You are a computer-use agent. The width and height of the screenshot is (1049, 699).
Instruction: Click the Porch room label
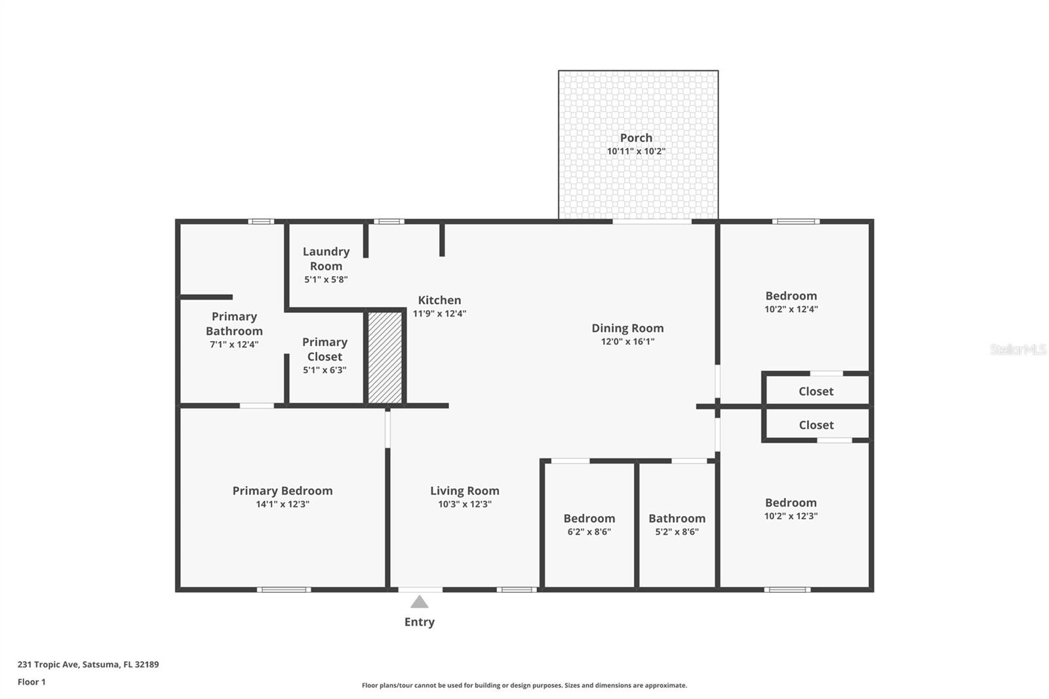click(636, 138)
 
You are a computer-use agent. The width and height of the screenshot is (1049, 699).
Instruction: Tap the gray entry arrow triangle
click(420, 602)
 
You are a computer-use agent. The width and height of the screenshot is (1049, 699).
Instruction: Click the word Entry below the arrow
click(420, 622)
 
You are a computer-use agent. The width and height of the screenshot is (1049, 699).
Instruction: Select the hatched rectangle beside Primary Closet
click(385, 357)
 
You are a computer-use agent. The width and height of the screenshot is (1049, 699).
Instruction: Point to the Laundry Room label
click(326, 258)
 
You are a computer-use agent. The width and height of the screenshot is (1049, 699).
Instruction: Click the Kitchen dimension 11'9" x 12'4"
click(439, 313)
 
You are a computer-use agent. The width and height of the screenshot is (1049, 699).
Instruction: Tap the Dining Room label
click(627, 328)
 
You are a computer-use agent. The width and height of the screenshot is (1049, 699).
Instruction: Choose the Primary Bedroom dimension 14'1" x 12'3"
click(283, 504)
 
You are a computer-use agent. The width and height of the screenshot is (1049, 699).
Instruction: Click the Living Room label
click(464, 490)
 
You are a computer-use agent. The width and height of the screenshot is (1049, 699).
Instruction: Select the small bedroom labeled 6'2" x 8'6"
click(589, 525)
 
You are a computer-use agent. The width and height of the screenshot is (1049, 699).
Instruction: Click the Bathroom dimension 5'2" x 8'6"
click(677, 532)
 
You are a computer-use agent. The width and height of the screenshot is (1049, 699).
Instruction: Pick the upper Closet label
click(816, 391)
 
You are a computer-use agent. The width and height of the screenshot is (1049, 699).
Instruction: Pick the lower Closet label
click(816, 425)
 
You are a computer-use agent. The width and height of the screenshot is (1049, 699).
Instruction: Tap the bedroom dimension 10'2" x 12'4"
click(791, 310)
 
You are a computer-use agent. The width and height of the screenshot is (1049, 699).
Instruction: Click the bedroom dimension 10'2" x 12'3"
click(791, 516)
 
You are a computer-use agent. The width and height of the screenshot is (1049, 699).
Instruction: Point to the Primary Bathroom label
click(234, 323)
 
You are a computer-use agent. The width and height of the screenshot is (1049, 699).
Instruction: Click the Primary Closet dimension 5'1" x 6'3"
click(325, 370)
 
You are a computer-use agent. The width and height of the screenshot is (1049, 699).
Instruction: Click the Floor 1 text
click(31, 682)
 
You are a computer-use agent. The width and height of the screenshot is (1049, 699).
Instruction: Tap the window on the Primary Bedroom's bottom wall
click(283, 589)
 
